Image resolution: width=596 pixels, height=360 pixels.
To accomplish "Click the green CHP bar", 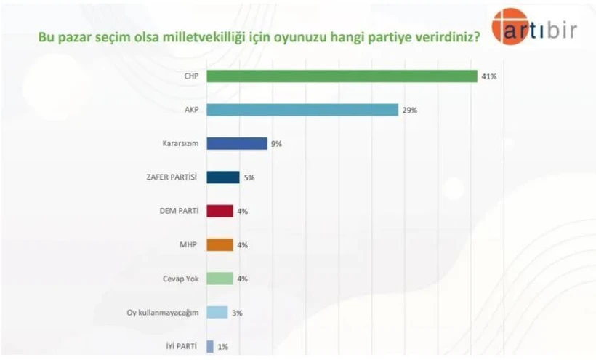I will tap(342, 76).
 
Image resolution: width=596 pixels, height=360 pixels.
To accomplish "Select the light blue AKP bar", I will tap(302, 110).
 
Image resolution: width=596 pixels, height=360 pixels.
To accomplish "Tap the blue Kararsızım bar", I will tap(237, 143).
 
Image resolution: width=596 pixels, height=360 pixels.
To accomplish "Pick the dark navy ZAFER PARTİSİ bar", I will tap(223, 177).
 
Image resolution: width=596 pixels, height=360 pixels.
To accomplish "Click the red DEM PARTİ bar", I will tap(220, 211).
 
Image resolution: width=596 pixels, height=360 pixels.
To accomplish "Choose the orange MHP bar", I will tap(220, 244).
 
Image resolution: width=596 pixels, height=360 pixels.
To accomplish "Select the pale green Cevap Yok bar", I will tap(220, 279).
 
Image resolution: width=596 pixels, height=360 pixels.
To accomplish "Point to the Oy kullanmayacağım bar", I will tap(217, 312).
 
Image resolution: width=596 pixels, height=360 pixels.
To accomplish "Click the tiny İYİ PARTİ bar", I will tap(210, 346).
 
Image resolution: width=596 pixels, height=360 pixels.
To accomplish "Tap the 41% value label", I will tap(488, 76).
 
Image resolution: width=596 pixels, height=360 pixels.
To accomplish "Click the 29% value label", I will tap(410, 111).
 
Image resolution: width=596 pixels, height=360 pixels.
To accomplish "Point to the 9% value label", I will tap(275, 144).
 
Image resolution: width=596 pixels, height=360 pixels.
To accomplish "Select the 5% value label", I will tap(249, 177).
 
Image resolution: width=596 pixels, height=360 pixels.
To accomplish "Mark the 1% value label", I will tap(222, 347).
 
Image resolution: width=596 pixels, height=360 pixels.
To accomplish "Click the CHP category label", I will tap(192, 76).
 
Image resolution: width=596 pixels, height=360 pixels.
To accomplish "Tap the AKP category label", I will tap(192, 110).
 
